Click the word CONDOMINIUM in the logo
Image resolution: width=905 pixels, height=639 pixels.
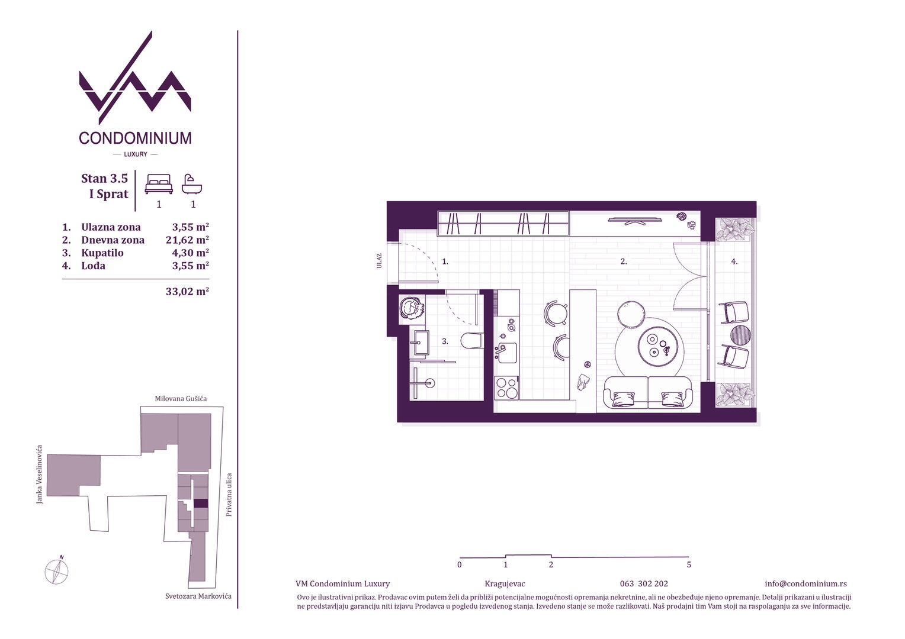135,138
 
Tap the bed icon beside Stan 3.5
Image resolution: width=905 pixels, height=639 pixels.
159,184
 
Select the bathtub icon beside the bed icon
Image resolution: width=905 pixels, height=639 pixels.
192,184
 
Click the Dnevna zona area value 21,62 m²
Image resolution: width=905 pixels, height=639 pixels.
187,240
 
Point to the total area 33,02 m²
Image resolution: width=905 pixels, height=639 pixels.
187,291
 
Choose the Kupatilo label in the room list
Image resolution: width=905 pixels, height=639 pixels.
102,253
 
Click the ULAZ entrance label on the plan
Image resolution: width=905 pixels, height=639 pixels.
379,261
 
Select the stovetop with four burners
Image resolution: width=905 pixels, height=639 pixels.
506,388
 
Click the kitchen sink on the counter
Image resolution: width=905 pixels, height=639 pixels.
506,353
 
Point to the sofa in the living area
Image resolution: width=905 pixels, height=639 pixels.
647,392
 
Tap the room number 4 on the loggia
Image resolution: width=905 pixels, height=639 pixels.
734,262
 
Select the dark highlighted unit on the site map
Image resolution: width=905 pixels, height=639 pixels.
201,504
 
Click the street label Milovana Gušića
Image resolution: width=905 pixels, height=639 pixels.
181,398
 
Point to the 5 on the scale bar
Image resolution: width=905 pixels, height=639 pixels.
689,564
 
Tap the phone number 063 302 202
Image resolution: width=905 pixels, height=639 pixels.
644,584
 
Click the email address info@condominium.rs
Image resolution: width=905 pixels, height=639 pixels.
805,584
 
